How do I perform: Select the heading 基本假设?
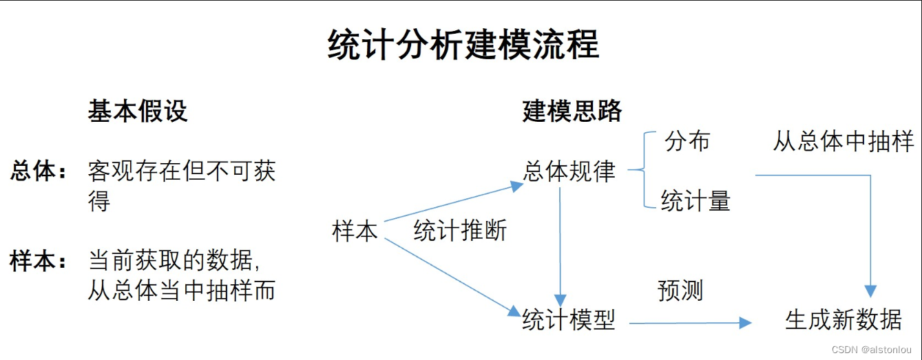(x=138, y=111)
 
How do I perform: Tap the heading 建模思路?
(x=572, y=111)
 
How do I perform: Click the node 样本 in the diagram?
(x=355, y=231)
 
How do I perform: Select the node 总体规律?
(x=569, y=171)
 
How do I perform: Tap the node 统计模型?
(x=569, y=319)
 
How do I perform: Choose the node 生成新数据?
(x=843, y=319)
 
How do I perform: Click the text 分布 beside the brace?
(x=687, y=141)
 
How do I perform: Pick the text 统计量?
(x=695, y=201)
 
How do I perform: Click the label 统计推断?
(x=460, y=231)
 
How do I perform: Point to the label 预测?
(x=680, y=290)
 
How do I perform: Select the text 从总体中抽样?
(x=843, y=142)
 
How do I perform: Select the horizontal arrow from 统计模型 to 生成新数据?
(x=689, y=322)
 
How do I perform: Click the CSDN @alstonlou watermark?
(x=872, y=350)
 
